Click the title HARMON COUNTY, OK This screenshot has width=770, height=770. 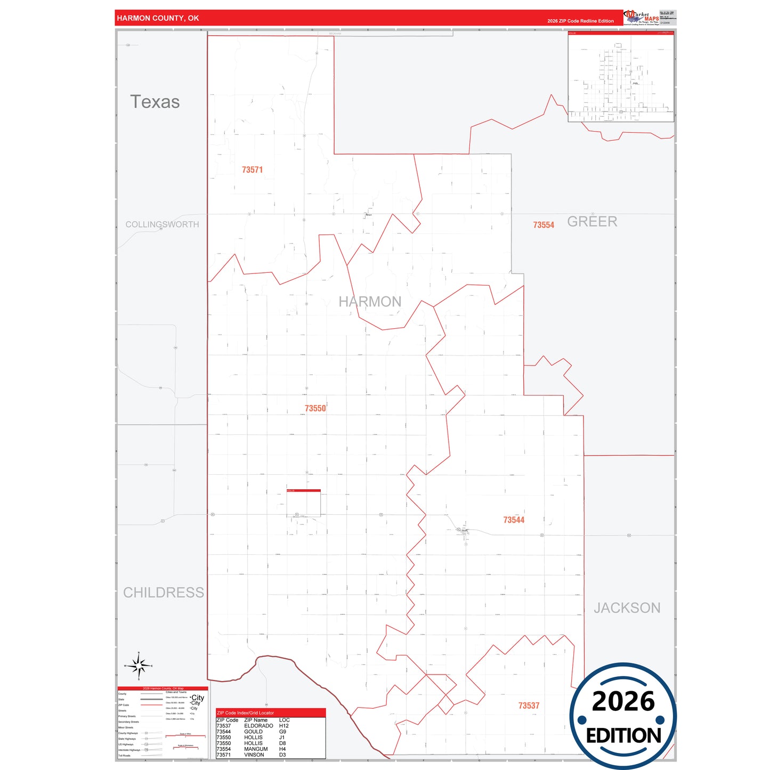(x=158, y=18)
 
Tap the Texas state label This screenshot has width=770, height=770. (x=155, y=102)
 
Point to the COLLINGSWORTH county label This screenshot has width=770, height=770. (x=162, y=224)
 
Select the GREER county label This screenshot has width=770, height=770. (x=592, y=222)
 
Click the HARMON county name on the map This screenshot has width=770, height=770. (x=370, y=302)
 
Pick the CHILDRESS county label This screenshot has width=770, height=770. (x=164, y=593)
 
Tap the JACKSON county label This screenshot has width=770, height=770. (x=627, y=608)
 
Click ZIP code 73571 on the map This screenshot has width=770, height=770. (x=252, y=170)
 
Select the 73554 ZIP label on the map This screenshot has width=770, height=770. (x=544, y=225)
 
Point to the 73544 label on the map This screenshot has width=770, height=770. (x=514, y=520)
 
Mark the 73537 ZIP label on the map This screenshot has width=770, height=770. (x=529, y=706)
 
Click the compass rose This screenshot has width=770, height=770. (x=139, y=666)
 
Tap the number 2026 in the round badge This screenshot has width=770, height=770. (x=623, y=701)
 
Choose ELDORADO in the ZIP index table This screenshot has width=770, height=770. (x=258, y=726)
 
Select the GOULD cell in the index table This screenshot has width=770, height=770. (x=253, y=732)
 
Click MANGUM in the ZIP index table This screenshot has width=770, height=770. (x=256, y=749)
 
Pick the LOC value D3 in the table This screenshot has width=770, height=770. (x=282, y=755)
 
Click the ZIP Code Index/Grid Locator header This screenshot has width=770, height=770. (x=245, y=713)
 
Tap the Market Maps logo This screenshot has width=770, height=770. (x=641, y=18)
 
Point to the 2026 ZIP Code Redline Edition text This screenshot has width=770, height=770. (x=580, y=21)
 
